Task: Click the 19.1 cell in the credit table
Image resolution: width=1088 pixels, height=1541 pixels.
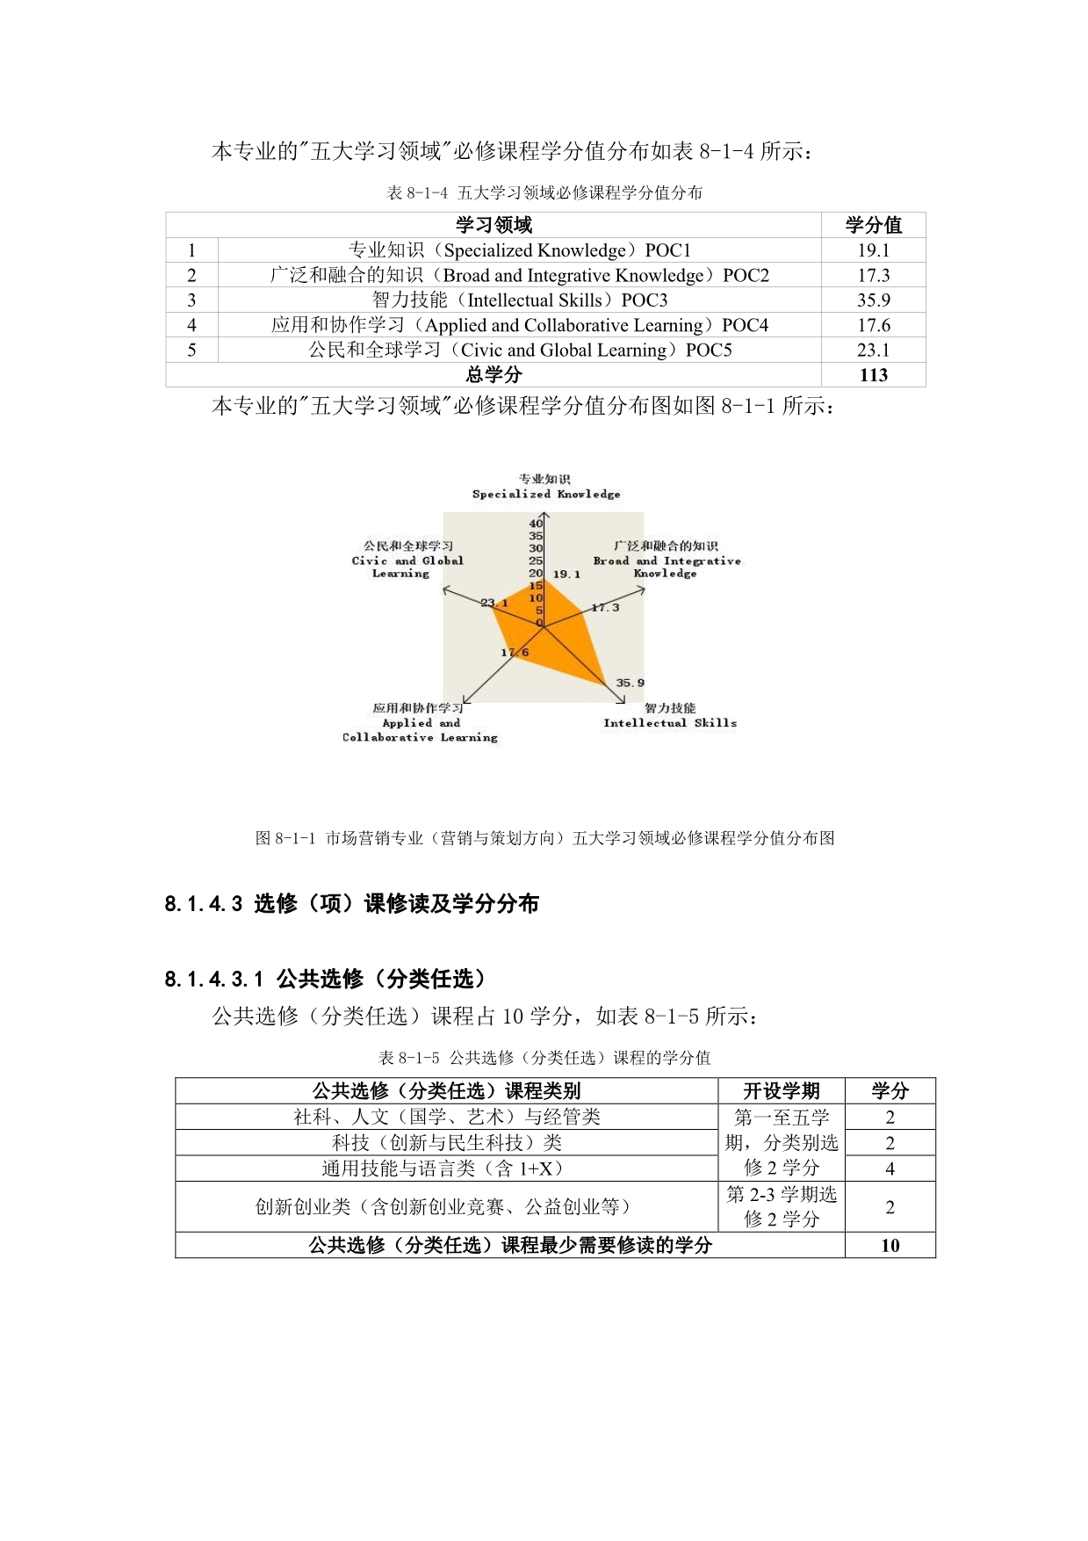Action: coord(873,250)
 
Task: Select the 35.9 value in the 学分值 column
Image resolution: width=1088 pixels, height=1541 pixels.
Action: coord(873,300)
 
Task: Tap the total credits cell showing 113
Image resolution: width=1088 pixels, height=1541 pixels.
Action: coord(873,375)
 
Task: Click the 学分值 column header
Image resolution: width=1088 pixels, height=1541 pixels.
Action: coord(873,225)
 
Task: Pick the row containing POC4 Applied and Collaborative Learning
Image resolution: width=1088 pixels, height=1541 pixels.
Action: coord(519,325)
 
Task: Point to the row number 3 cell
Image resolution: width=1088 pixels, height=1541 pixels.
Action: coord(191,300)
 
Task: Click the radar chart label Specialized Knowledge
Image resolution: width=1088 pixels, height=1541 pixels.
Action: coord(545,494)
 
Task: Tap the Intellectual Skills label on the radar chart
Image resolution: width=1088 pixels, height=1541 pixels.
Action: coord(669,722)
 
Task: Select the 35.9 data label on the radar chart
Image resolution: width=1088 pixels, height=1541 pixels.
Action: coord(630,683)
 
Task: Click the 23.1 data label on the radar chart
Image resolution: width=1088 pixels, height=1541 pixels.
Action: coord(494,603)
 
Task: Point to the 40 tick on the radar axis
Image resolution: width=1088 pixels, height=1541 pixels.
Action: coord(536,524)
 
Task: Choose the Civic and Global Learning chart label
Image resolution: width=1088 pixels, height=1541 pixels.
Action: coord(407,560)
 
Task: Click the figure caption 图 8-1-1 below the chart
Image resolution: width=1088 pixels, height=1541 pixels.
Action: coord(544,838)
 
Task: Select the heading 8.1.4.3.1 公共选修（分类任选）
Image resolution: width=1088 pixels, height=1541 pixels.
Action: coord(325,979)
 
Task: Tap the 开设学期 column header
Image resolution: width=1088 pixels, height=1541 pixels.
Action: coord(781,1091)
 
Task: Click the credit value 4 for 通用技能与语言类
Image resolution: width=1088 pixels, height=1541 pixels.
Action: coord(890,1168)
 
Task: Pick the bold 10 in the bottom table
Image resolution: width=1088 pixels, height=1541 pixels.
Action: coord(890,1245)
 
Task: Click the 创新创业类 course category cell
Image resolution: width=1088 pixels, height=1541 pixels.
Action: coord(445,1207)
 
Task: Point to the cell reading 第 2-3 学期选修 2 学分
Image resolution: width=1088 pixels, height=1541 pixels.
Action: coord(781,1207)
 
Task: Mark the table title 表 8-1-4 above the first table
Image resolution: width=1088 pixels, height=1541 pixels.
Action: coord(544,193)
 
